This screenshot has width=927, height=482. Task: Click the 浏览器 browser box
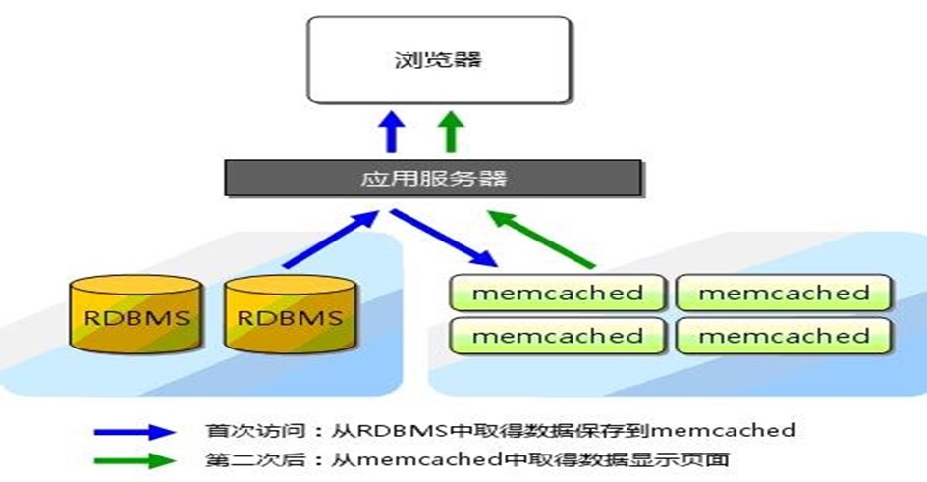pyautogui.click(x=439, y=59)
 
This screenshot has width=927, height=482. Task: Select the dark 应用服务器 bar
pyautogui.click(x=433, y=178)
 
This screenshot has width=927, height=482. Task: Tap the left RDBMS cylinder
pyautogui.click(x=136, y=314)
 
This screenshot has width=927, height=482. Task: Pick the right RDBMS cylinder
pyautogui.click(x=291, y=314)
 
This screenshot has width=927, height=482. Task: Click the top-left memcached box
pyautogui.click(x=558, y=293)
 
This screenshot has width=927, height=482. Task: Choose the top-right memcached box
pyautogui.click(x=784, y=293)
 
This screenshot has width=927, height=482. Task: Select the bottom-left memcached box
pyautogui.click(x=558, y=336)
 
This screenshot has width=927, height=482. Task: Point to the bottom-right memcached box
pyautogui.click(x=784, y=336)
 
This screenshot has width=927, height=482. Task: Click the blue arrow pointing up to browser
pyautogui.click(x=392, y=132)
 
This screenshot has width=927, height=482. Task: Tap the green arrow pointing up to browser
pyautogui.click(x=451, y=132)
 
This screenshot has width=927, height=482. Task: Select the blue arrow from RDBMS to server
pyautogui.click(x=331, y=239)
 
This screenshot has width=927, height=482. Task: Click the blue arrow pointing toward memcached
pyautogui.click(x=444, y=238)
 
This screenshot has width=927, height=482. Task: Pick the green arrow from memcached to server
pyautogui.click(x=541, y=239)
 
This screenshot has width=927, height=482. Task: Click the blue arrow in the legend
pyautogui.click(x=135, y=432)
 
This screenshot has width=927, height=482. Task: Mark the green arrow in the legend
pyautogui.click(x=135, y=460)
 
